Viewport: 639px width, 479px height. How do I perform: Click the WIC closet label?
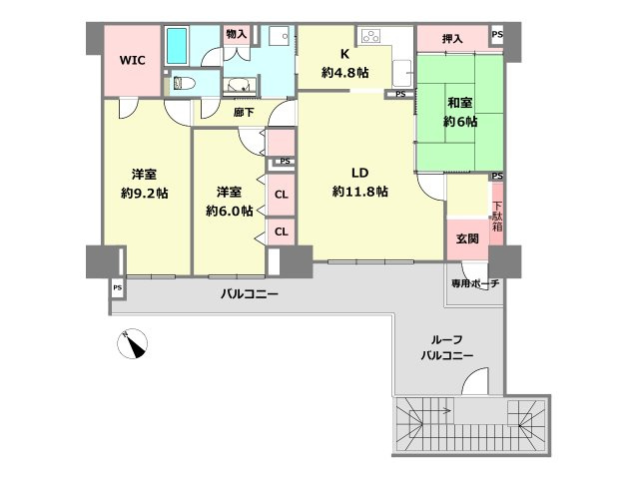click(134, 60)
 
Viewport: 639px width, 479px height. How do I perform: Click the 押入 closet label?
click(452, 39)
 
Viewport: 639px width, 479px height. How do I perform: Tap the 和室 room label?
click(460, 101)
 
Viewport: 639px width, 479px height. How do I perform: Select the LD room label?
click(358, 171)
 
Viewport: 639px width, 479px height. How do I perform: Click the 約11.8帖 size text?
click(359, 191)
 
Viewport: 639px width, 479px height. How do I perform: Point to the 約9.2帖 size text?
click(144, 191)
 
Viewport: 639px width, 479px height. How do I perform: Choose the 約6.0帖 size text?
click(229, 211)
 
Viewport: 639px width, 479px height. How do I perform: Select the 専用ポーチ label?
click(474, 283)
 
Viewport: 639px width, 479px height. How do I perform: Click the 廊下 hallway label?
click(243, 113)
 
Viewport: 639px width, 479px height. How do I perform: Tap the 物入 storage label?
click(236, 35)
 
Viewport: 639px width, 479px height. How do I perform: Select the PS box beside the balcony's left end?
click(117, 288)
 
